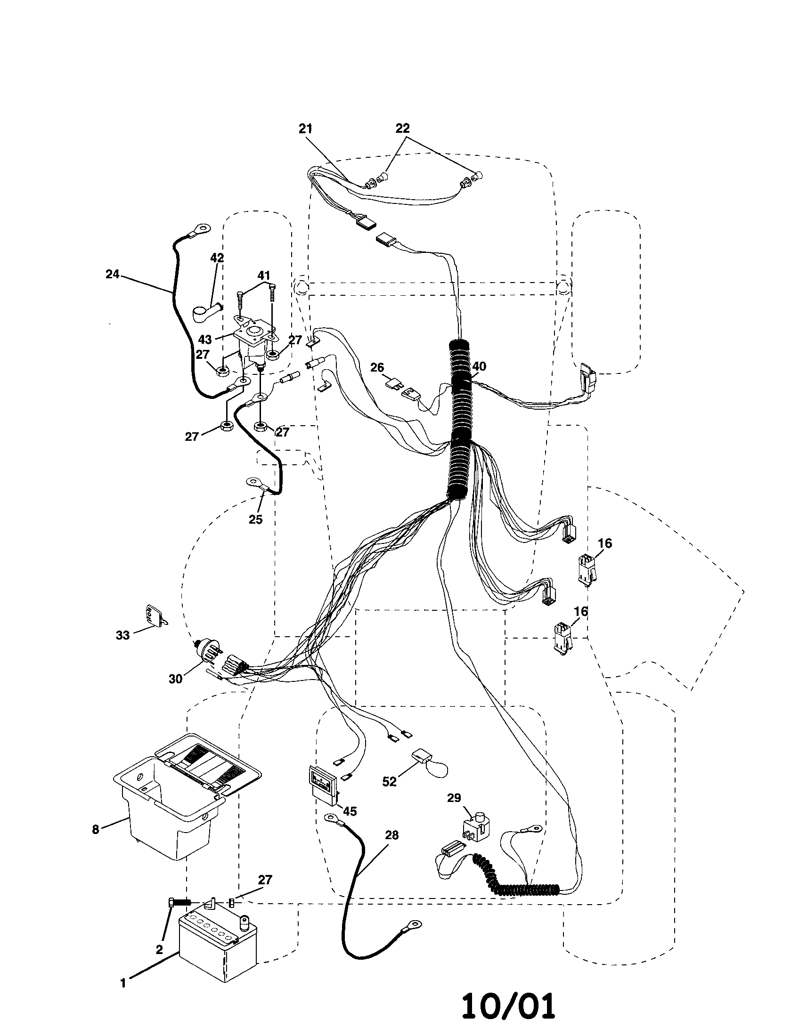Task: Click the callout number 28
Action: [x=392, y=834]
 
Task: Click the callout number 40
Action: [x=479, y=366]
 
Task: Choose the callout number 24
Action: [x=112, y=274]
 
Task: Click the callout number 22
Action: [x=402, y=128]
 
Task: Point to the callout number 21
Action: [x=306, y=128]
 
